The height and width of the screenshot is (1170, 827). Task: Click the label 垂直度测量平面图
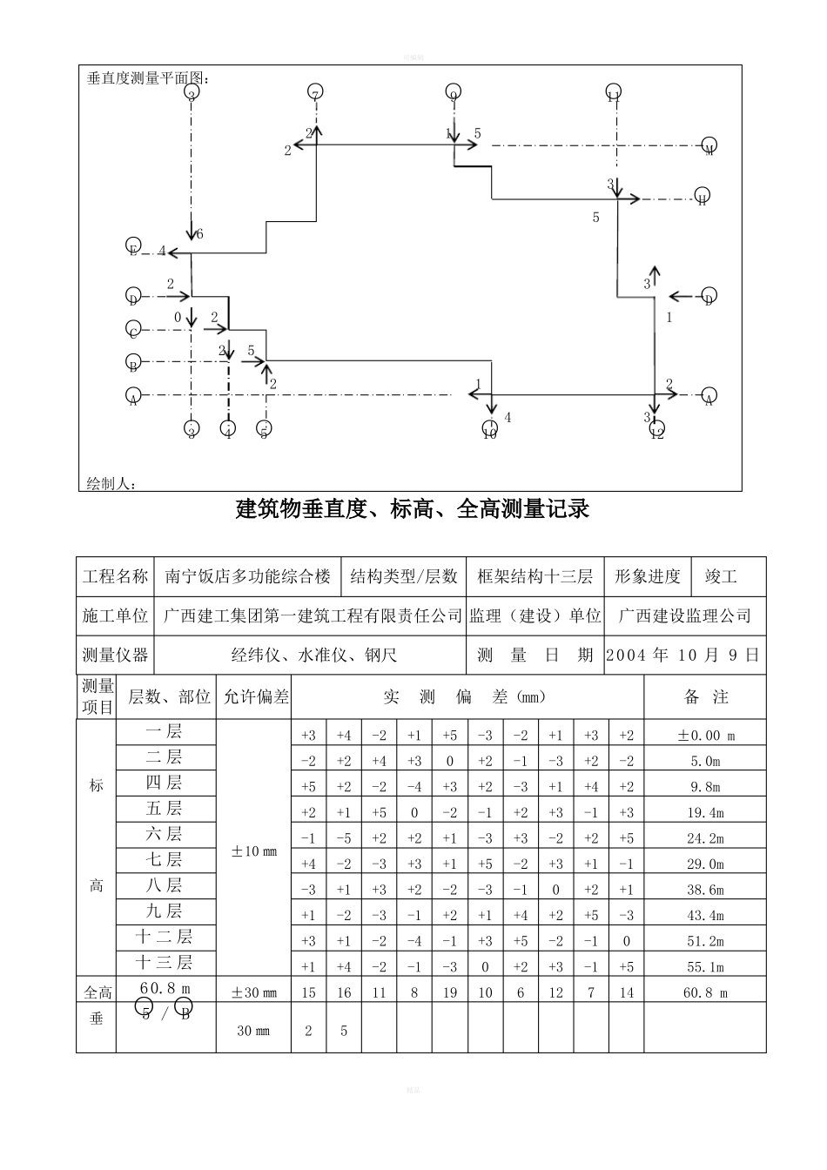[148, 78]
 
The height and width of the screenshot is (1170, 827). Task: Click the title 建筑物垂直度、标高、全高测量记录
[413, 508]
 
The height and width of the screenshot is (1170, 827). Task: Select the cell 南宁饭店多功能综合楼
[248, 576]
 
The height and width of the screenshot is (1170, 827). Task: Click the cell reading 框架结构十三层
[535, 576]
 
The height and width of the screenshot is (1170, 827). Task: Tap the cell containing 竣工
[721, 576]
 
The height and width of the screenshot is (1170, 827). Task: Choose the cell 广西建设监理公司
[684, 615]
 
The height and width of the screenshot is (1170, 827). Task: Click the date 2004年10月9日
[682, 655]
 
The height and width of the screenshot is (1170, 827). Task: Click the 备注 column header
[705, 696]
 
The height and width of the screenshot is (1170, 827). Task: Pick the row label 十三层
[165, 962]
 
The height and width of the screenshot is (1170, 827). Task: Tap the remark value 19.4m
[705, 813]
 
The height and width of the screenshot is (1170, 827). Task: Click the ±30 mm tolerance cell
[253, 992]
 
